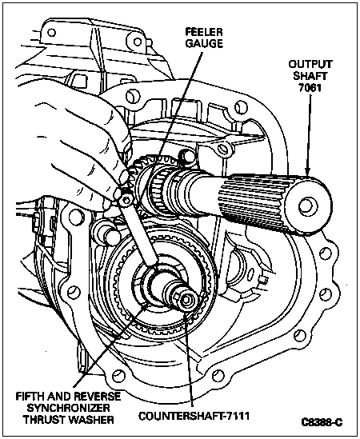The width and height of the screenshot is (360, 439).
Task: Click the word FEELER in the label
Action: tap(204, 32)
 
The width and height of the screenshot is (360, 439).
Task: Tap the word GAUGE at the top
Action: tap(204, 43)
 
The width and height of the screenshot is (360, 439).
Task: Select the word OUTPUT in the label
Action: tap(310, 64)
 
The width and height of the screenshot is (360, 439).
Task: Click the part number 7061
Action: tap(310, 88)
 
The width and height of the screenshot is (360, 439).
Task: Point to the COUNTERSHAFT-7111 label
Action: tap(194, 416)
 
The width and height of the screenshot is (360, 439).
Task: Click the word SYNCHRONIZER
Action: tap(68, 408)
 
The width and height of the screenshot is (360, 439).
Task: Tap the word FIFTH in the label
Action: tap(30, 397)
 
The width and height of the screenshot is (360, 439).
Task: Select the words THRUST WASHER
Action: tap(68, 419)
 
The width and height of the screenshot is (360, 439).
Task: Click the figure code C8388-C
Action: tap(322, 422)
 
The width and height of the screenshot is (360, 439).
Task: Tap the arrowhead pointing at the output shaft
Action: tap(308, 171)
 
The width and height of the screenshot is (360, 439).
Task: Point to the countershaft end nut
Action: tap(185, 300)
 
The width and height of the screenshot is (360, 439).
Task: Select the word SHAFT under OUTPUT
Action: tap(310, 76)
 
